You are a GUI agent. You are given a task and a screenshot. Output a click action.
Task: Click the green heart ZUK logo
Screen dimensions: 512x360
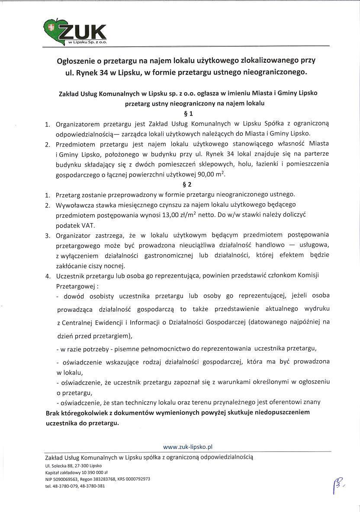coord(76,33)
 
